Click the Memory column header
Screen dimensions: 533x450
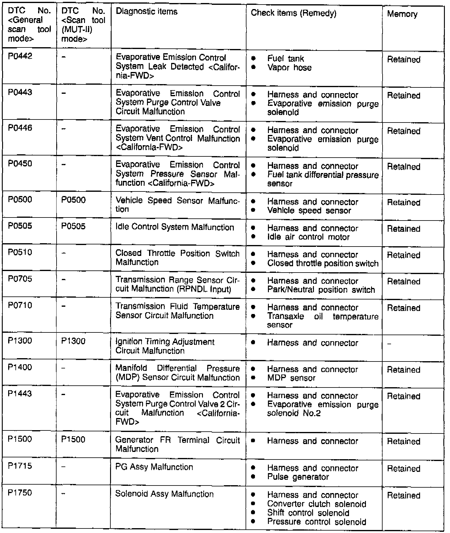(402, 14)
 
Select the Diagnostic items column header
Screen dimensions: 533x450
(146, 12)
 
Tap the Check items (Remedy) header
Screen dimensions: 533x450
(293, 13)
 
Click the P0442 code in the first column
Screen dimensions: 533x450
(20, 56)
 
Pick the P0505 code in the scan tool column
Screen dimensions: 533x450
(73, 226)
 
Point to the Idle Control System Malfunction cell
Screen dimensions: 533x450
(174, 227)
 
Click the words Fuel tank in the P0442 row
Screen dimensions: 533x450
(285, 59)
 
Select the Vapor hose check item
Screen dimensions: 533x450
(289, 67)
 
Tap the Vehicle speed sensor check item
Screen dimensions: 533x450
(309, 211)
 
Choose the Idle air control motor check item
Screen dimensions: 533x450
(308, 237)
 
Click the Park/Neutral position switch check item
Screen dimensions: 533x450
(321, 290)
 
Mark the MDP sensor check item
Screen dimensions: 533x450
(291, 378)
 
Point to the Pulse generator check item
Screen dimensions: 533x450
(298, 477)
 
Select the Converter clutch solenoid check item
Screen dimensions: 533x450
(316, 504)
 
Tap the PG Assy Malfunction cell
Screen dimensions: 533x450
(154, 467)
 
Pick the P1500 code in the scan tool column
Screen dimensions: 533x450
(73, 439)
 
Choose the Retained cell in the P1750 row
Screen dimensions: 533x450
(403, 495)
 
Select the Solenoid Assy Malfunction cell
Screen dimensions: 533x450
(164, 494)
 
